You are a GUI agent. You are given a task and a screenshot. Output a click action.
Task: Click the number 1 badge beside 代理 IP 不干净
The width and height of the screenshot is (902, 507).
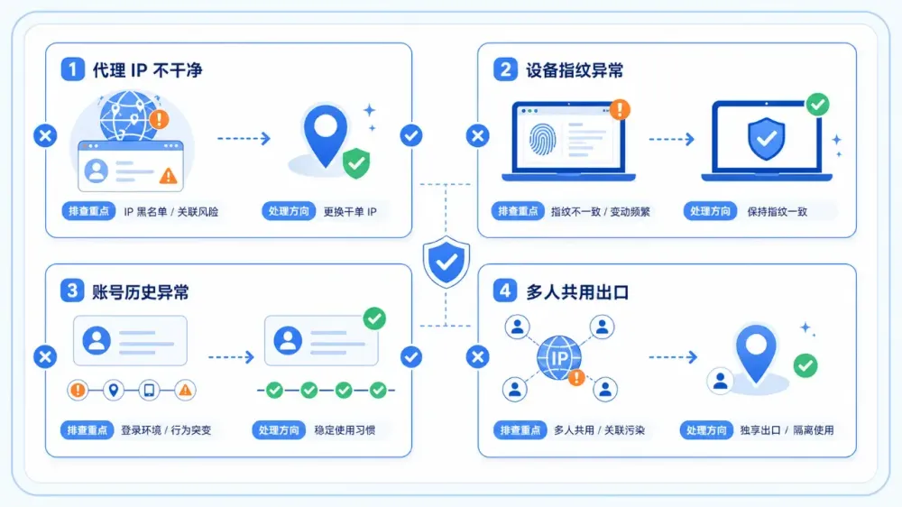(72, 69)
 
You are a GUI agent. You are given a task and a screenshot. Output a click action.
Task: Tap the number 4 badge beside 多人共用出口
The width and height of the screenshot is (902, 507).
(504, 290)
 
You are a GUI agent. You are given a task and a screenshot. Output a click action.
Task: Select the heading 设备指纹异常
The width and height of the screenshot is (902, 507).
(575, 70)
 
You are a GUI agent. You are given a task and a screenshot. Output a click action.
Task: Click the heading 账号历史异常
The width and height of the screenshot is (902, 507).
(141, 291)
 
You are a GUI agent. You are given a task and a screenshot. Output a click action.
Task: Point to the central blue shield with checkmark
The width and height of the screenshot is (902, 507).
(446, 262)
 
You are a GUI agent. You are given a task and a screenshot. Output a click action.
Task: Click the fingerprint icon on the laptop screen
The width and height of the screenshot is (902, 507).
(541, 139)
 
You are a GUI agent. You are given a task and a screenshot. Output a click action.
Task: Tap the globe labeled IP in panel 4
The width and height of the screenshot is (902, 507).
(558, 358)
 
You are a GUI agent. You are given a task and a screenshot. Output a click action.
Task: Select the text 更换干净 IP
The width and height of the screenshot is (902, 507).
(350, 212)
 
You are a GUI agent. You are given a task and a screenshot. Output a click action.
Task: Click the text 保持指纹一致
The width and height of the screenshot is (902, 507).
(777, 212)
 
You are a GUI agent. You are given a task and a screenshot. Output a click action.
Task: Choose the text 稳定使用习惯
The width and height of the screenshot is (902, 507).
(345, 430)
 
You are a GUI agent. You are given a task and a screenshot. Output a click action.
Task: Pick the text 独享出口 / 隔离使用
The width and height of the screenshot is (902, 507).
(787, 430)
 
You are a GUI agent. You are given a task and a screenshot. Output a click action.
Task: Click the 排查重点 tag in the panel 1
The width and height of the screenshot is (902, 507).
(88, 211)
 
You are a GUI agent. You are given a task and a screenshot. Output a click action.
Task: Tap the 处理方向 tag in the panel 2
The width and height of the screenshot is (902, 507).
(710, 211)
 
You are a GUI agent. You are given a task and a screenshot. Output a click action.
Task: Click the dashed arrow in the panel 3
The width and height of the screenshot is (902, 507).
(231, 357)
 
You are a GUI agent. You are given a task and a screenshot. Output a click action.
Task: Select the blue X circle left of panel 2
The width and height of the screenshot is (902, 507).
(477, 136)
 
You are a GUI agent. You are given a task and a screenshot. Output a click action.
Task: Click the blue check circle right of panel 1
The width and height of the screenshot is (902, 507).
(411, 136)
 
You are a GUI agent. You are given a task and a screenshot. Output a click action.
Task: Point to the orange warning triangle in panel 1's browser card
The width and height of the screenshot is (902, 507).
(168, 175)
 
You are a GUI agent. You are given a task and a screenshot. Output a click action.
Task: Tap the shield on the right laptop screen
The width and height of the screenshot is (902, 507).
(766, 139)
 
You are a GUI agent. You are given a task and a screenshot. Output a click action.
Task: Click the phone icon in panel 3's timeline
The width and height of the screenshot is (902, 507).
(149, 391)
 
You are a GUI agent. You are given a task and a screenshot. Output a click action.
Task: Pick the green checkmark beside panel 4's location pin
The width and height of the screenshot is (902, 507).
(805, 365)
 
